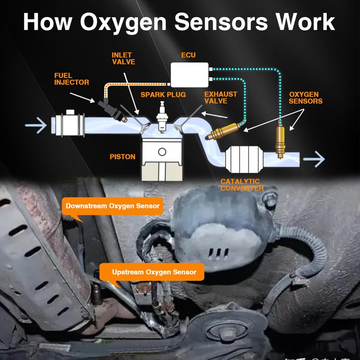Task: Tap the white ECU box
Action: (x=190, y=74)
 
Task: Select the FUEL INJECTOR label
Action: (x=72, y=79)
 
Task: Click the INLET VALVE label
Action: (x=123, y=58)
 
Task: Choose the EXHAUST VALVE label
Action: (x=220, y=97)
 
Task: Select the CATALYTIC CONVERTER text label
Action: (x=242, y=185)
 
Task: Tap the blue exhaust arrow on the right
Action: (x=314, y=159)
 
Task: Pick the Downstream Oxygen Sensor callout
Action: (x=112, y=206)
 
